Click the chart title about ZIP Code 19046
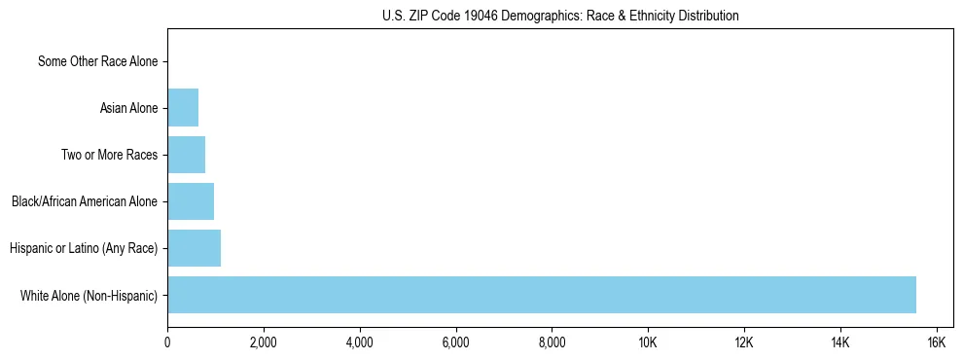click(x=559, y=16)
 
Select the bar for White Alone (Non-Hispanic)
click(x=542, y=295)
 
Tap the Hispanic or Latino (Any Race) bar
click(x=195, y=248)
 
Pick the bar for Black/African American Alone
click(x=191, y=201)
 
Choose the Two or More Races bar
click(x=187, y=155)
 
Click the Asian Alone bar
click(x=183, y=108)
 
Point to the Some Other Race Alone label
click(x=97, y=61)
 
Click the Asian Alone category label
click(x=128, y=108)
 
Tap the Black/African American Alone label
click(x=85, y=201)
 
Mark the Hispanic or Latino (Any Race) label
click(x=84, y=248)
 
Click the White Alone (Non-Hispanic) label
click(x=89, y=295)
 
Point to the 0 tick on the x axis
click(x=167, y=342)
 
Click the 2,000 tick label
click(x=264, y=342)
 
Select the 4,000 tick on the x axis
click(x=360, y=342)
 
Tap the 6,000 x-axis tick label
click(x=455, y=342)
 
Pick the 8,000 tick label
click(x=552, y=342)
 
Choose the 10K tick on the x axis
click(x=648, y=342)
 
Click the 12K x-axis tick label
click(x=744, y=342)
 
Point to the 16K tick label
click(x=936, y=342)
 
